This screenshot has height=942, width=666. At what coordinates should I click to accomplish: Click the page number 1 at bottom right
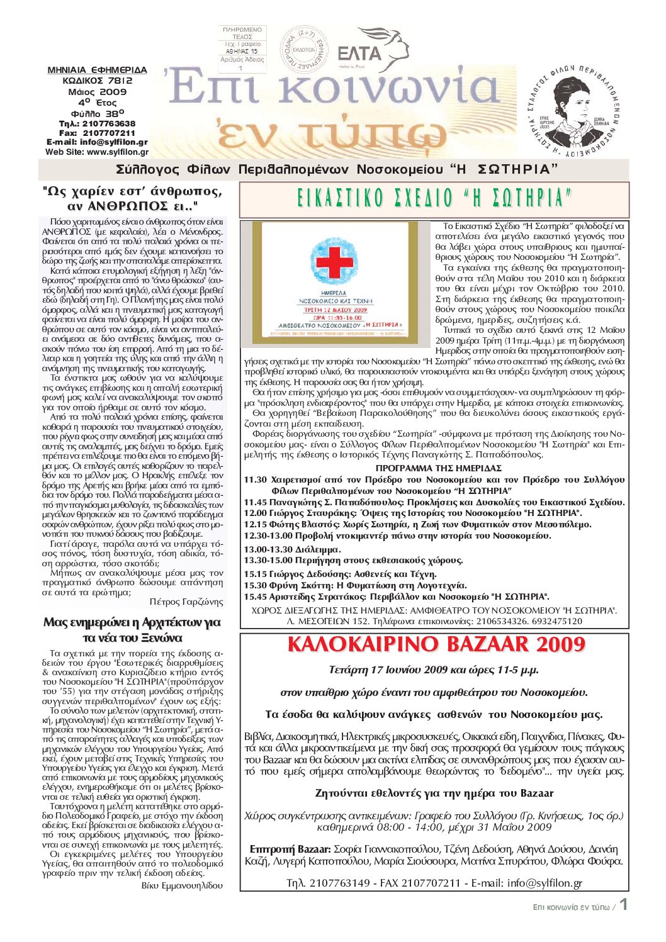623,905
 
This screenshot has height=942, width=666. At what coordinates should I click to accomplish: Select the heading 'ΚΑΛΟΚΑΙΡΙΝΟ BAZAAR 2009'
436,644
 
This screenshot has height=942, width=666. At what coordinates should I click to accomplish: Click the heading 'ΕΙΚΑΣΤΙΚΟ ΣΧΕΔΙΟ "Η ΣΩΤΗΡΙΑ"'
434,199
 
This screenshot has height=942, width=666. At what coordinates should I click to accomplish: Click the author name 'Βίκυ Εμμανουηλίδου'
182,885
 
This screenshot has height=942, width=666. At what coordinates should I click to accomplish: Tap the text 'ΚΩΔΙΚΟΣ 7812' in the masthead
98,81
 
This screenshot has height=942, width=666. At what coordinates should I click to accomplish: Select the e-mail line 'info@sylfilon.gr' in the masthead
98,142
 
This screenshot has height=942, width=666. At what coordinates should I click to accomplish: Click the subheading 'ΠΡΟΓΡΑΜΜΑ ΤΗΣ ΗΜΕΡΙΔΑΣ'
438,468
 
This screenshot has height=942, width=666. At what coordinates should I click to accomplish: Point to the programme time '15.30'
256,585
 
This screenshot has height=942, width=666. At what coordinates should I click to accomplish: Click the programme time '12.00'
256,513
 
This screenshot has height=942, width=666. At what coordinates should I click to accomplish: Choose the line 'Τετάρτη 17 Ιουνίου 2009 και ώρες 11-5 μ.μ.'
434,670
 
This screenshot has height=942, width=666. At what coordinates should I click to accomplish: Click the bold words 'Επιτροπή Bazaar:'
290,849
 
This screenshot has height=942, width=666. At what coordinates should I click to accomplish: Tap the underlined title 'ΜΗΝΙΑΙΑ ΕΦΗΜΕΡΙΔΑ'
98,70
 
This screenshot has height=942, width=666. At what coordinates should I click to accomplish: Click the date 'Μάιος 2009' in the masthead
98,91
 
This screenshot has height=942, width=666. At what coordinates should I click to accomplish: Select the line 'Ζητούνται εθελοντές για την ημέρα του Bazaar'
434,793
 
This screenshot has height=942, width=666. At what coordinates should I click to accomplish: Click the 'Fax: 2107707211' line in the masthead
97,133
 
